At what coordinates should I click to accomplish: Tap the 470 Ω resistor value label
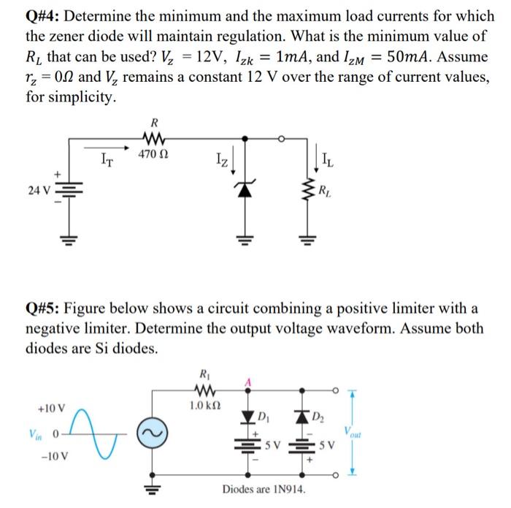click(x=154, y=153)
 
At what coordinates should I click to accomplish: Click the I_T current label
click(x=107, y=155)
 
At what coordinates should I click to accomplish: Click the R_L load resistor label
click(x=324, y=192)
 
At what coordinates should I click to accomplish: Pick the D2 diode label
click(x=320, y=417)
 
